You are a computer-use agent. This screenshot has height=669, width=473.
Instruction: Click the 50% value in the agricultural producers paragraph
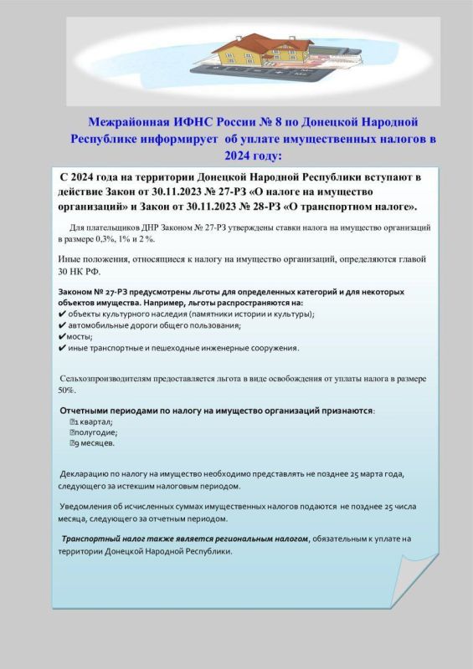pyautogui.click(x=67, y=390)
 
